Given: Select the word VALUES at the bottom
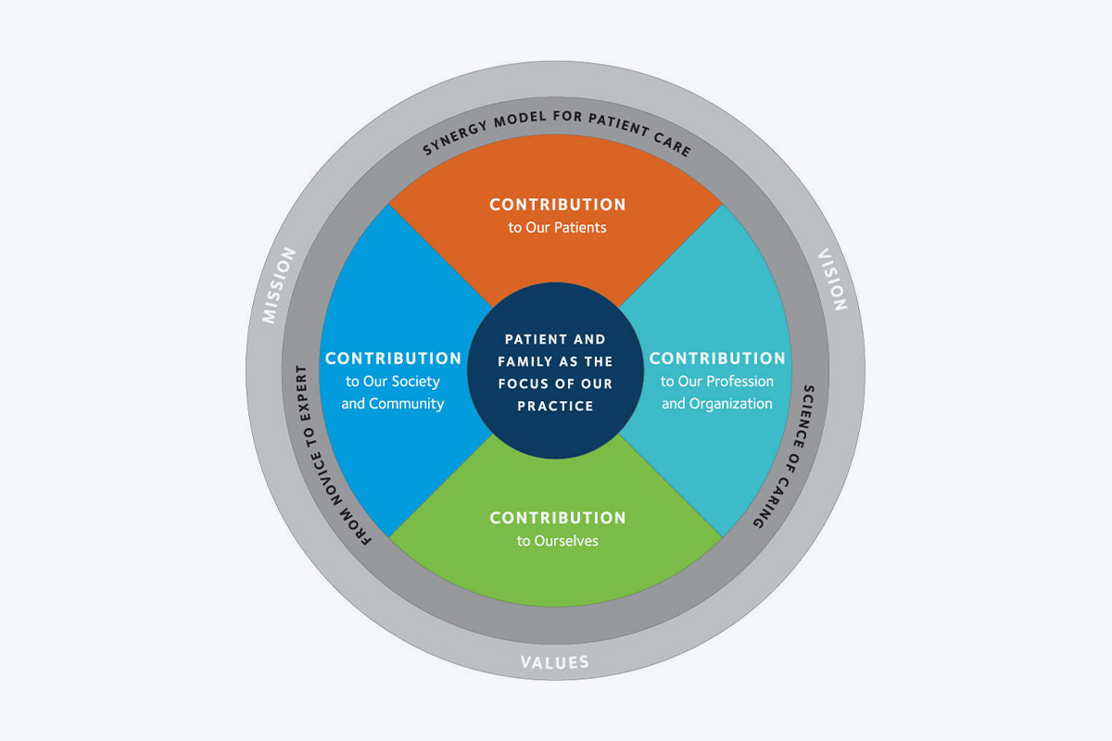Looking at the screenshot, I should (555, 662).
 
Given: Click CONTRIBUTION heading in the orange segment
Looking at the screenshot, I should (558, 204).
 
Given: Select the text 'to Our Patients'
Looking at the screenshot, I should (558, 227).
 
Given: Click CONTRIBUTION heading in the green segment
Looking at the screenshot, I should (558, 518).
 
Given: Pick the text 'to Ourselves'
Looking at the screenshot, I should (558, 541).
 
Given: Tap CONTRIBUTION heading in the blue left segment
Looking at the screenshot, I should (393, 358).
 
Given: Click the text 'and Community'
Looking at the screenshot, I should (393, 404).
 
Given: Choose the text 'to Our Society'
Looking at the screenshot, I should (393, 382).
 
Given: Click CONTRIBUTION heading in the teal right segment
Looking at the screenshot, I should (717, 358).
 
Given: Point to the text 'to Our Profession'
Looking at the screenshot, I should (717, 382).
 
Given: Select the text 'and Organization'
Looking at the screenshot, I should (717, 404).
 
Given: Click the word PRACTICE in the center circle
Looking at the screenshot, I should (556, 406).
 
